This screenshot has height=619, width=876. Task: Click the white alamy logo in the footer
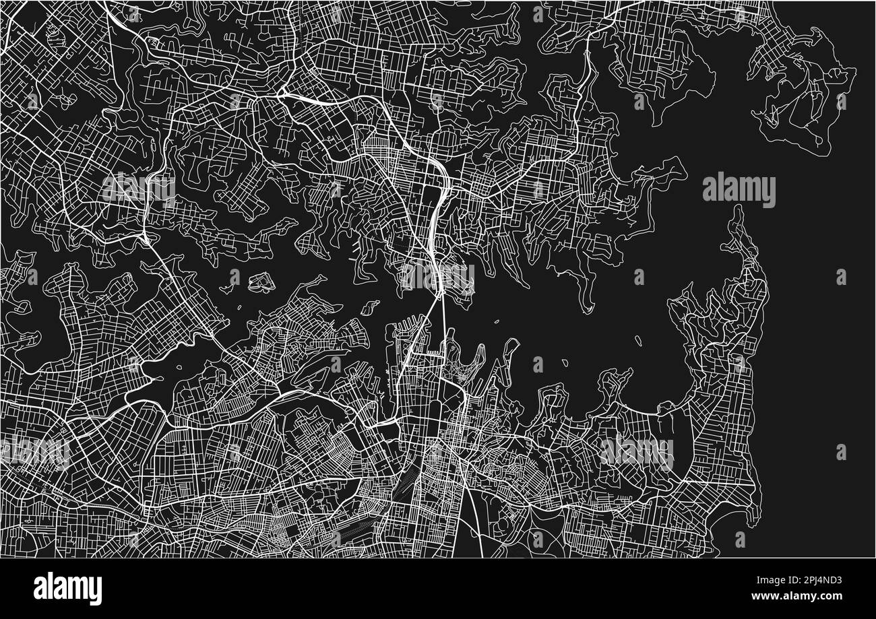pyautogui.click(x=67, y=588)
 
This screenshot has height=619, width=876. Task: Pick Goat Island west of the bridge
pyautogui.click(x=369, y=308)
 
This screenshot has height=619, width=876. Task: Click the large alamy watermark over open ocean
pyautogui.click(x=739, y=190)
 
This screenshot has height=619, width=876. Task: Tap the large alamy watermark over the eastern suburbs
pyautogui.click(x=636, y=451)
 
